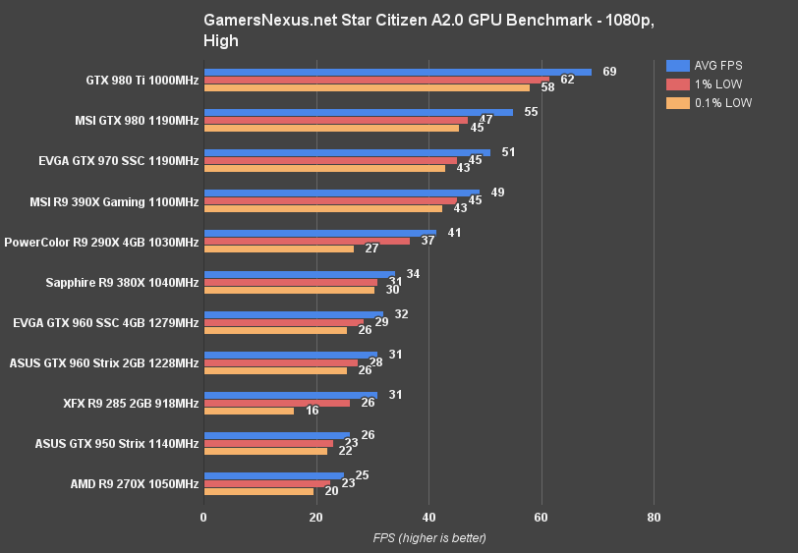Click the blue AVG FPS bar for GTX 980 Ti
tap(397, 72)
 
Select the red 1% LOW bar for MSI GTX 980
tap(335, 120)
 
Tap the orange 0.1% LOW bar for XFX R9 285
tap(249, 411)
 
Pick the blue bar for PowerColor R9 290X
tap(319, 233)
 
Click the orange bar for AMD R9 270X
tap(258, 491)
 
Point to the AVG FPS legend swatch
tap(677, 66)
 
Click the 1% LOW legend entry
tap(708, 84)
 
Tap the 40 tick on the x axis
tap(428, 517)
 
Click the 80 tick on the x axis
tap(654, 517)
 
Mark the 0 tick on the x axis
tap(203, 517)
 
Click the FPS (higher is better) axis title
tap(428, 538)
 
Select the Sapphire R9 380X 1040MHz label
tap(122, 282)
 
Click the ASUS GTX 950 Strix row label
tap(116, 443)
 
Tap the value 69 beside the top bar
tap(609, 72)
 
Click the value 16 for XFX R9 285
tap(312, 411)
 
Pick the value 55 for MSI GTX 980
tap(531, 112)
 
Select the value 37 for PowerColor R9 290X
tap(427, 241)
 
